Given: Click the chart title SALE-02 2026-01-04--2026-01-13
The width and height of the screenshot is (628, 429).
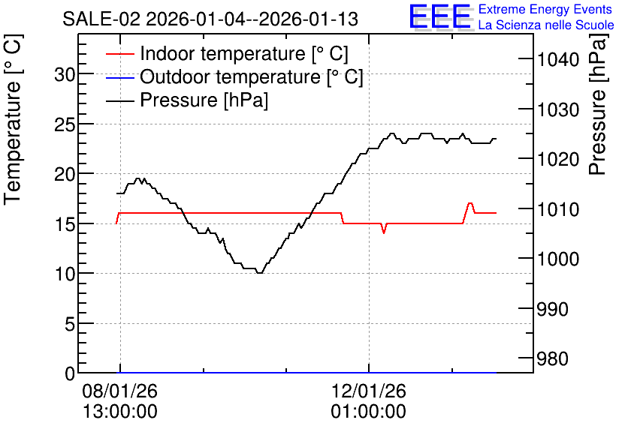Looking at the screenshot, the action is point(210,19).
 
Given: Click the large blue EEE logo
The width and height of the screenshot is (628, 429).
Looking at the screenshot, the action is point(440,17).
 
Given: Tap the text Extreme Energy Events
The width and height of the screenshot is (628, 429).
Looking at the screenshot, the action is point(545,9).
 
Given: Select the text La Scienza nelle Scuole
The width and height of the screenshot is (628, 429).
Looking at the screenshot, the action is point(546,25).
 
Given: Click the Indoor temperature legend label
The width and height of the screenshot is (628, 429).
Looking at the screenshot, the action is point(244,53).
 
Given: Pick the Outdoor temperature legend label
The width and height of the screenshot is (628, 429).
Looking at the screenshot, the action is point(252,76).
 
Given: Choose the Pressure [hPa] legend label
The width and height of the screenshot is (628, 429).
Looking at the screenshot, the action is point(204,100).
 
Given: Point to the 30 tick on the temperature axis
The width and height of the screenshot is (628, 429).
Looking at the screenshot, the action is point(65,74).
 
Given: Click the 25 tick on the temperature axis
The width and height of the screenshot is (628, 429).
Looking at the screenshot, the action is point(65,124).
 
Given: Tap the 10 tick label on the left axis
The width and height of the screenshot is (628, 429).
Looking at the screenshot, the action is point(65,274).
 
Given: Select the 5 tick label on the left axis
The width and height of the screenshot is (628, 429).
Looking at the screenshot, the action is point(70,324).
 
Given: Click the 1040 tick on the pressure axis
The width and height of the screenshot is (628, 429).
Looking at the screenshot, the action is point(558,60).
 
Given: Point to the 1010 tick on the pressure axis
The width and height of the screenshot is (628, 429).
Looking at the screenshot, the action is point(558,209).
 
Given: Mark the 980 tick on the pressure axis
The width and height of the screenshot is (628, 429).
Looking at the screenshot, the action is point(552,359).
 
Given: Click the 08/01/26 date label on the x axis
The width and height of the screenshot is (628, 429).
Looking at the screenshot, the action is point(119,391).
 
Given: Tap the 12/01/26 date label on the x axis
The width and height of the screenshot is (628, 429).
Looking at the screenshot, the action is point(369,391).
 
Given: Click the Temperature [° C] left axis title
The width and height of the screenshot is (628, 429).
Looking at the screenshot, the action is point(13,120).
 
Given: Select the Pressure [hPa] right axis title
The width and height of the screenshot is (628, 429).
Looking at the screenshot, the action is point(598,104).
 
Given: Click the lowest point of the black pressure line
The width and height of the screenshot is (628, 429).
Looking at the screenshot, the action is point(259,273).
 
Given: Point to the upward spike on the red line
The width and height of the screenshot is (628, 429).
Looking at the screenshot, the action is point(469,203).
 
